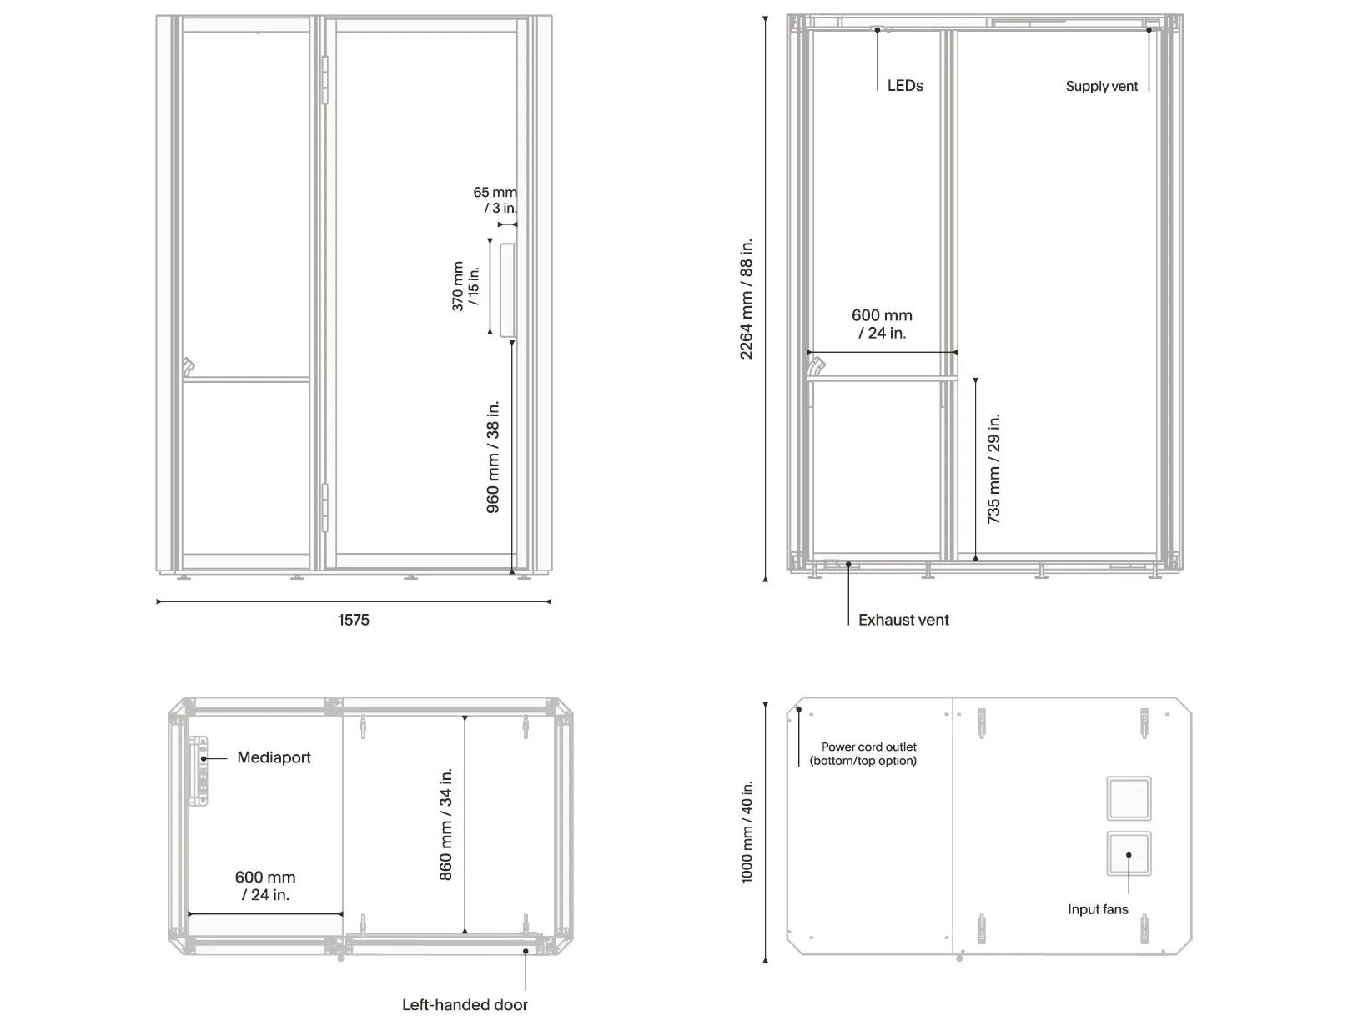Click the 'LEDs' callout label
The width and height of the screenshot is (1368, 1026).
904,85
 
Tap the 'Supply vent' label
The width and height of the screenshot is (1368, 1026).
1101,86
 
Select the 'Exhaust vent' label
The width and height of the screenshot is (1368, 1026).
903,620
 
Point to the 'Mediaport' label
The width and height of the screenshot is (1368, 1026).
274,757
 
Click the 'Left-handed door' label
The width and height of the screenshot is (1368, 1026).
465,1005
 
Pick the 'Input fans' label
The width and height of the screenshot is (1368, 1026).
1098,909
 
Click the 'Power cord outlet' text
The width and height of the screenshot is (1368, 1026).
869,747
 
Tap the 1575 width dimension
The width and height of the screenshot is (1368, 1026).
354,620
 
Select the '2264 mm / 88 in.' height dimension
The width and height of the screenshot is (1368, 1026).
746,299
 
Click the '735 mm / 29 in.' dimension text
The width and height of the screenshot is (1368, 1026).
993,469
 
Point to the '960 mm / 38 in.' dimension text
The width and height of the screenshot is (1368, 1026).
492,457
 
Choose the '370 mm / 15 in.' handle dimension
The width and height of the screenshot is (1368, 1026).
465,286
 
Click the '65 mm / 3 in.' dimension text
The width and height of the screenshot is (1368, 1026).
495,199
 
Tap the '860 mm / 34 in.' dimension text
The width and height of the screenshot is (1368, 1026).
445,824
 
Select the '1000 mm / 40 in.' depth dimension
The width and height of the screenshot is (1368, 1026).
747,832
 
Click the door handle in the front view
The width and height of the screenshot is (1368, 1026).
508,290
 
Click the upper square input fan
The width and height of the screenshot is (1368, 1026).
1128,798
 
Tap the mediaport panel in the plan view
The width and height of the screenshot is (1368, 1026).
199,771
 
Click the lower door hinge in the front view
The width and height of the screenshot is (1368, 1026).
324,508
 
